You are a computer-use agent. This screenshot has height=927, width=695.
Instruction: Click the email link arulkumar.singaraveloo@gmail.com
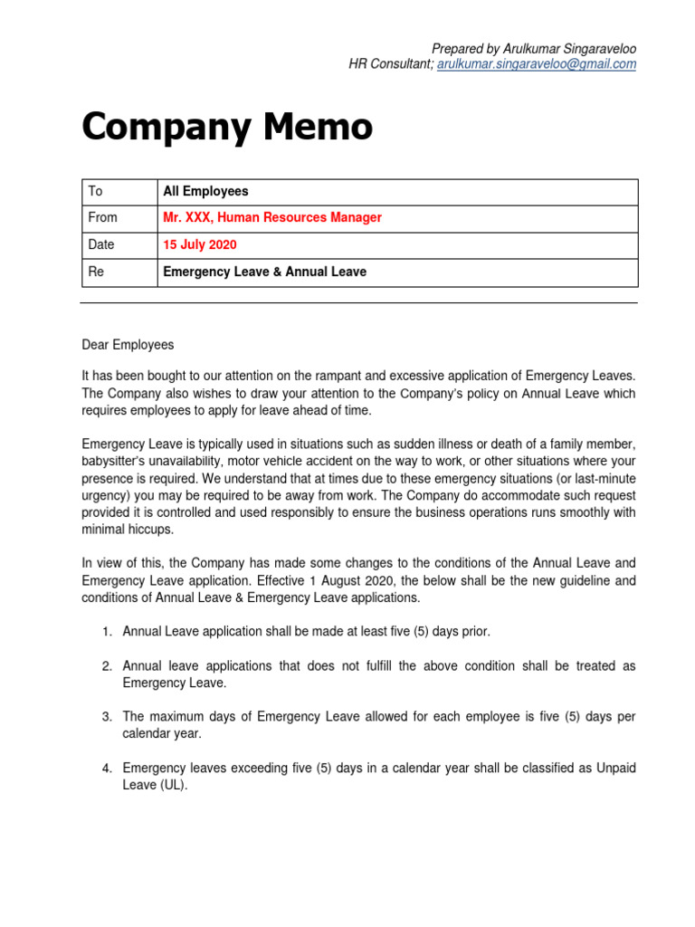click(536, 64)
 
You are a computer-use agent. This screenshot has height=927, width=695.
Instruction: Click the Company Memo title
click(226, 127)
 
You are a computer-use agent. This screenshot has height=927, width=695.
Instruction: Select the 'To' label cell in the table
click(95, 192)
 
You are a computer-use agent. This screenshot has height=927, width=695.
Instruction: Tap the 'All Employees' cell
click(205, 192)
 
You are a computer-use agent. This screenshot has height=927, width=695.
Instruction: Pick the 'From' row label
click(102, 218)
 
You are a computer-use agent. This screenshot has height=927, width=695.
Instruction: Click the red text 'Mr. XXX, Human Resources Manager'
click(271, 218)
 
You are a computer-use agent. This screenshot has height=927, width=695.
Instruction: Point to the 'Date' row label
click(101, 245)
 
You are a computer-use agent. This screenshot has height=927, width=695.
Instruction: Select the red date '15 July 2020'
click(199, 245)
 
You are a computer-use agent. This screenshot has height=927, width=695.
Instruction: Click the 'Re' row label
click(95, 272)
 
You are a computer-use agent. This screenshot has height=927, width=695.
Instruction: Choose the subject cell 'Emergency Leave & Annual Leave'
click(264, 272)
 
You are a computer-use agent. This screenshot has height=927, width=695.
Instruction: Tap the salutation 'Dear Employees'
click(128, 345)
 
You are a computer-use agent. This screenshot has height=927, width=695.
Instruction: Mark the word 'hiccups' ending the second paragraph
click(151, 530)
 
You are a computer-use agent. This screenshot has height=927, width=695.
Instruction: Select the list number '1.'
click(106, 631)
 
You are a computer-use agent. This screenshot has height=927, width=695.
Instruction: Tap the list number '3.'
click(106, 717)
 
